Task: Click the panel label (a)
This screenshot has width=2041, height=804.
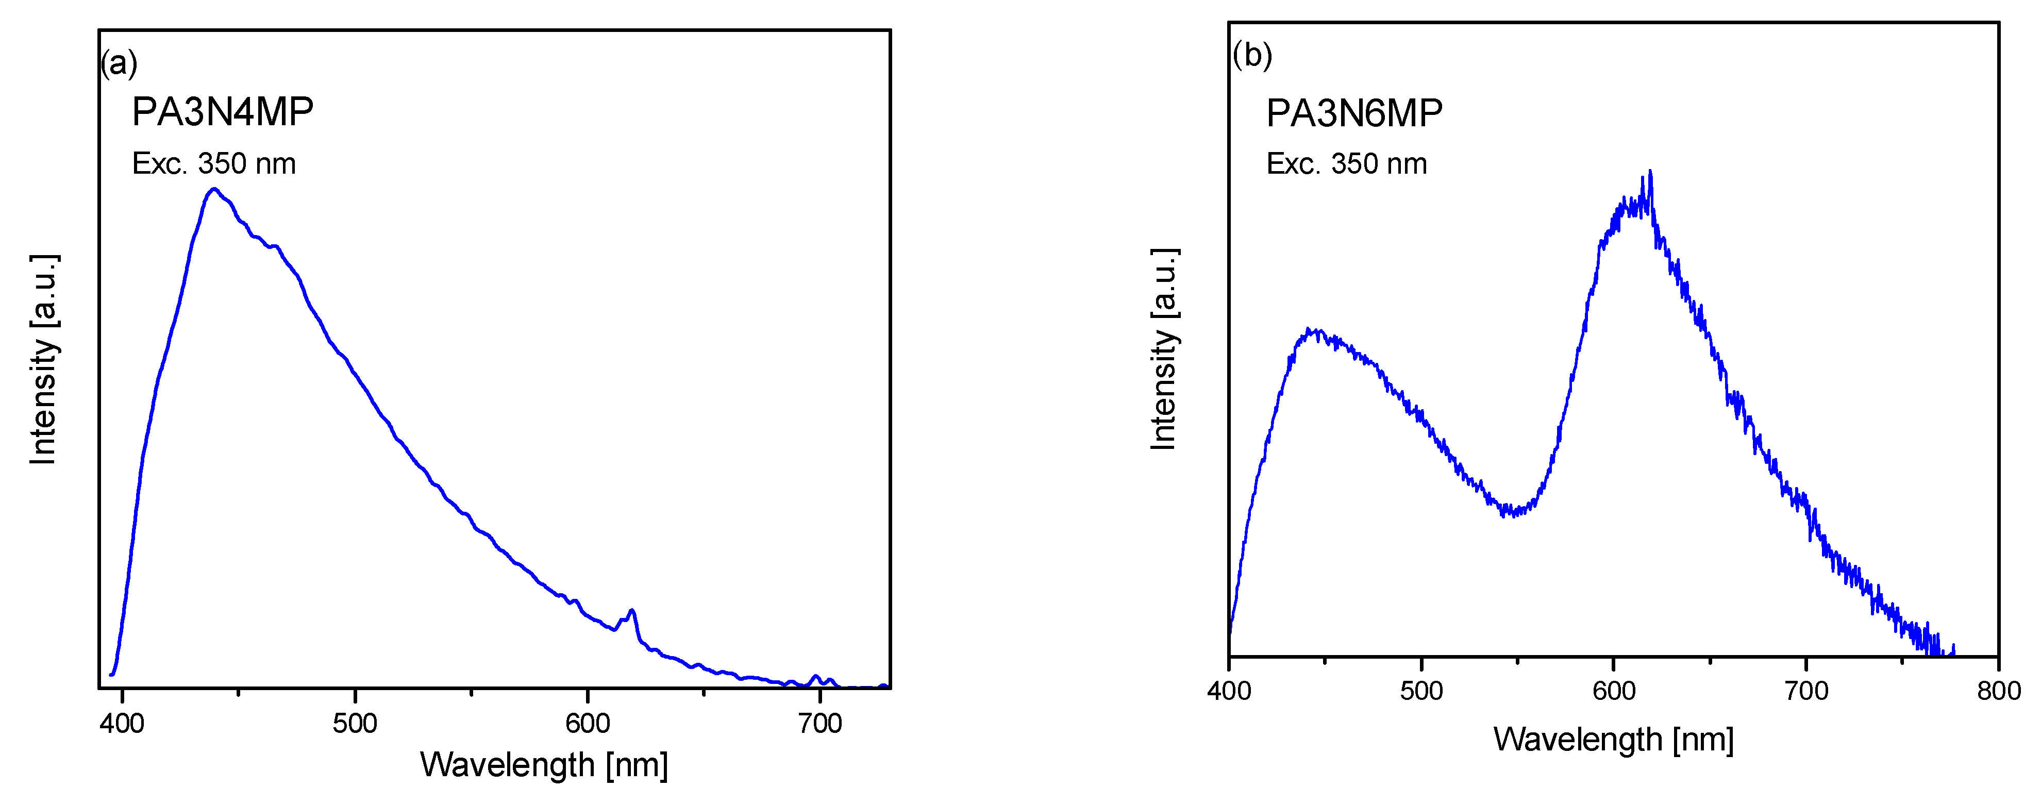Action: (119, 63)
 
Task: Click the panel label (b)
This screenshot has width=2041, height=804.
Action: (1252, 56)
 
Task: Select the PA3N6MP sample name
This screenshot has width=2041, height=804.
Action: (1354, 113)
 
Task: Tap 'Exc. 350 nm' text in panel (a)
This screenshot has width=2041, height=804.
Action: (214, 164)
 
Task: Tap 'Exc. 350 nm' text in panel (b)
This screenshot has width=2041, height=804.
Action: (1346, 164)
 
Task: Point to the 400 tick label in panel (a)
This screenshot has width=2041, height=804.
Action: (122, 723)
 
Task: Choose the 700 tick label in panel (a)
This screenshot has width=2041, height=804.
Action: (820, 723)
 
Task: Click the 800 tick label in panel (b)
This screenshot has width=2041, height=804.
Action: (1998, 691)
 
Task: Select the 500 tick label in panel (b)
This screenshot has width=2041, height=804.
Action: (1421, 691)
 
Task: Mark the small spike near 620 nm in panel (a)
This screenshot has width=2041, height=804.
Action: (631, 611)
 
